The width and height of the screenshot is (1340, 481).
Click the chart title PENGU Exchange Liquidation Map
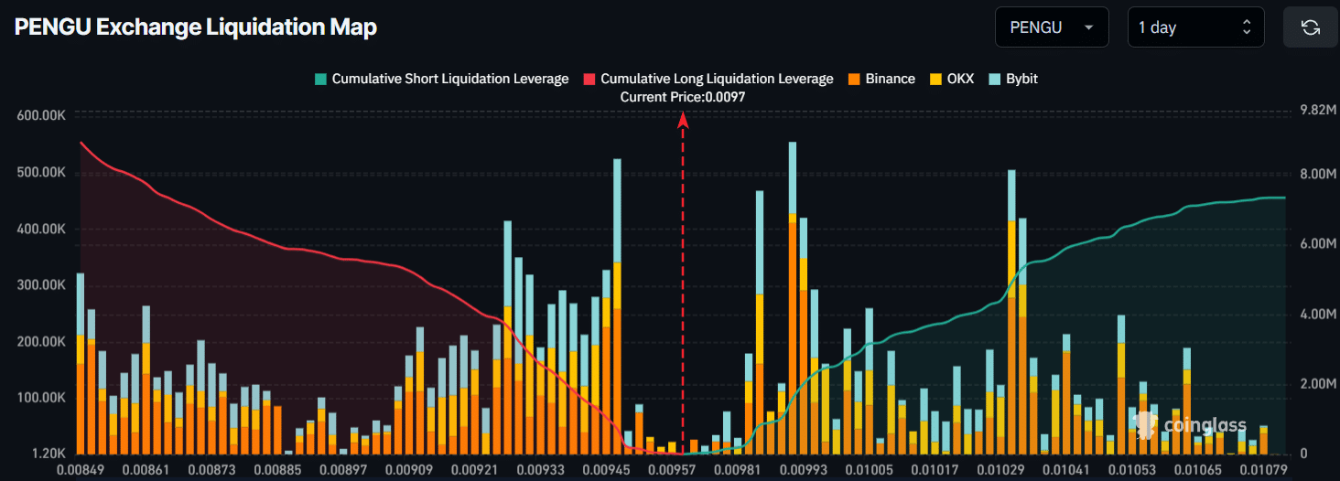point(196,27)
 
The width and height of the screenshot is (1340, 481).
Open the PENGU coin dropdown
point(1051,27)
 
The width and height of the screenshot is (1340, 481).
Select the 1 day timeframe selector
point(1195,27)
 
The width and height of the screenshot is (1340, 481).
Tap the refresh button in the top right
point(1311,27)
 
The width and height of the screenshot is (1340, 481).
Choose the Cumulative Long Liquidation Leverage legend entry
point(708,79)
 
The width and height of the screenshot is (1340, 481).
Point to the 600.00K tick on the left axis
point(41,115)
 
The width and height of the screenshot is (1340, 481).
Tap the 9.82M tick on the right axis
point(1319,110)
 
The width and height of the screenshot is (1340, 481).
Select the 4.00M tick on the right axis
point(1319,315)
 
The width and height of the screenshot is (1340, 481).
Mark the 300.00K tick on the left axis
point(41,285)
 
